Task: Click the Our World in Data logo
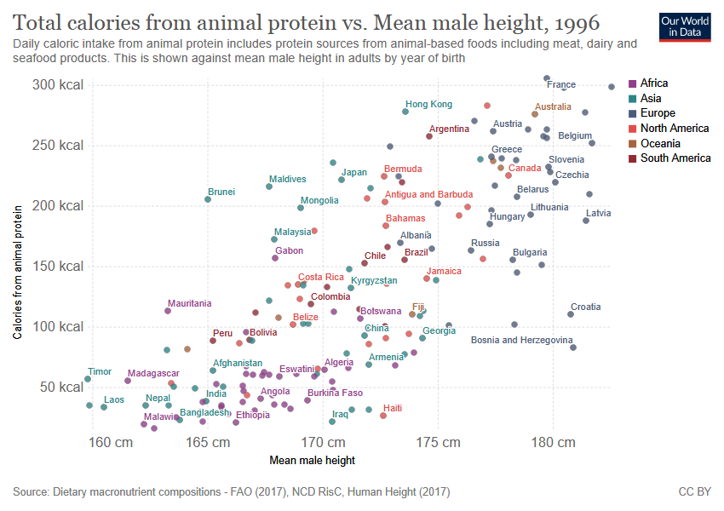coord(685,26)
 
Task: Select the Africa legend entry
coord(654,83)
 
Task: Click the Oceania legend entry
coord(660,143)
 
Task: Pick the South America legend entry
coord(675,158)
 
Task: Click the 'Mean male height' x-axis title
coord(312,461)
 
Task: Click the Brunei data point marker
coord(208,199)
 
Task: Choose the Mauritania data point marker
coord(168,311)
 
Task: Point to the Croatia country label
coord(585,307)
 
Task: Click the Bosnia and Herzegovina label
coord(521,341)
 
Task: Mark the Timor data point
coord(88,379)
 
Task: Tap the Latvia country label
coord(598,214)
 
